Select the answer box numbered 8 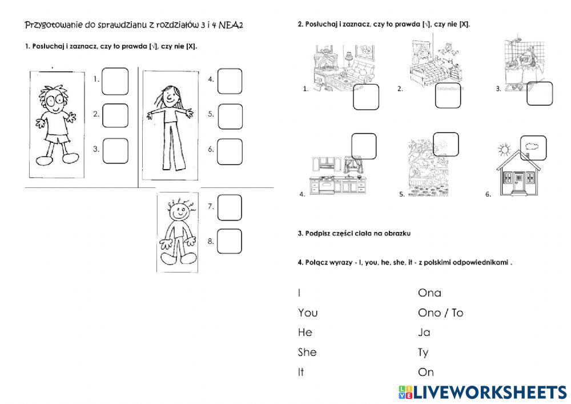tap(230, 242)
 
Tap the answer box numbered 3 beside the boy tap(115, 150)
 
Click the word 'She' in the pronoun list tap(307, 353)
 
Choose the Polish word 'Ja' tap(424, 333)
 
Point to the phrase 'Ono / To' tap(440, 313)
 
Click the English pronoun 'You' tap(308, 313)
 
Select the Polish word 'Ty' tap(423, 353)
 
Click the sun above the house tap(504, 150)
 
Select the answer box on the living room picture tap(366, 97)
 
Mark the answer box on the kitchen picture tap(364, 146)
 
